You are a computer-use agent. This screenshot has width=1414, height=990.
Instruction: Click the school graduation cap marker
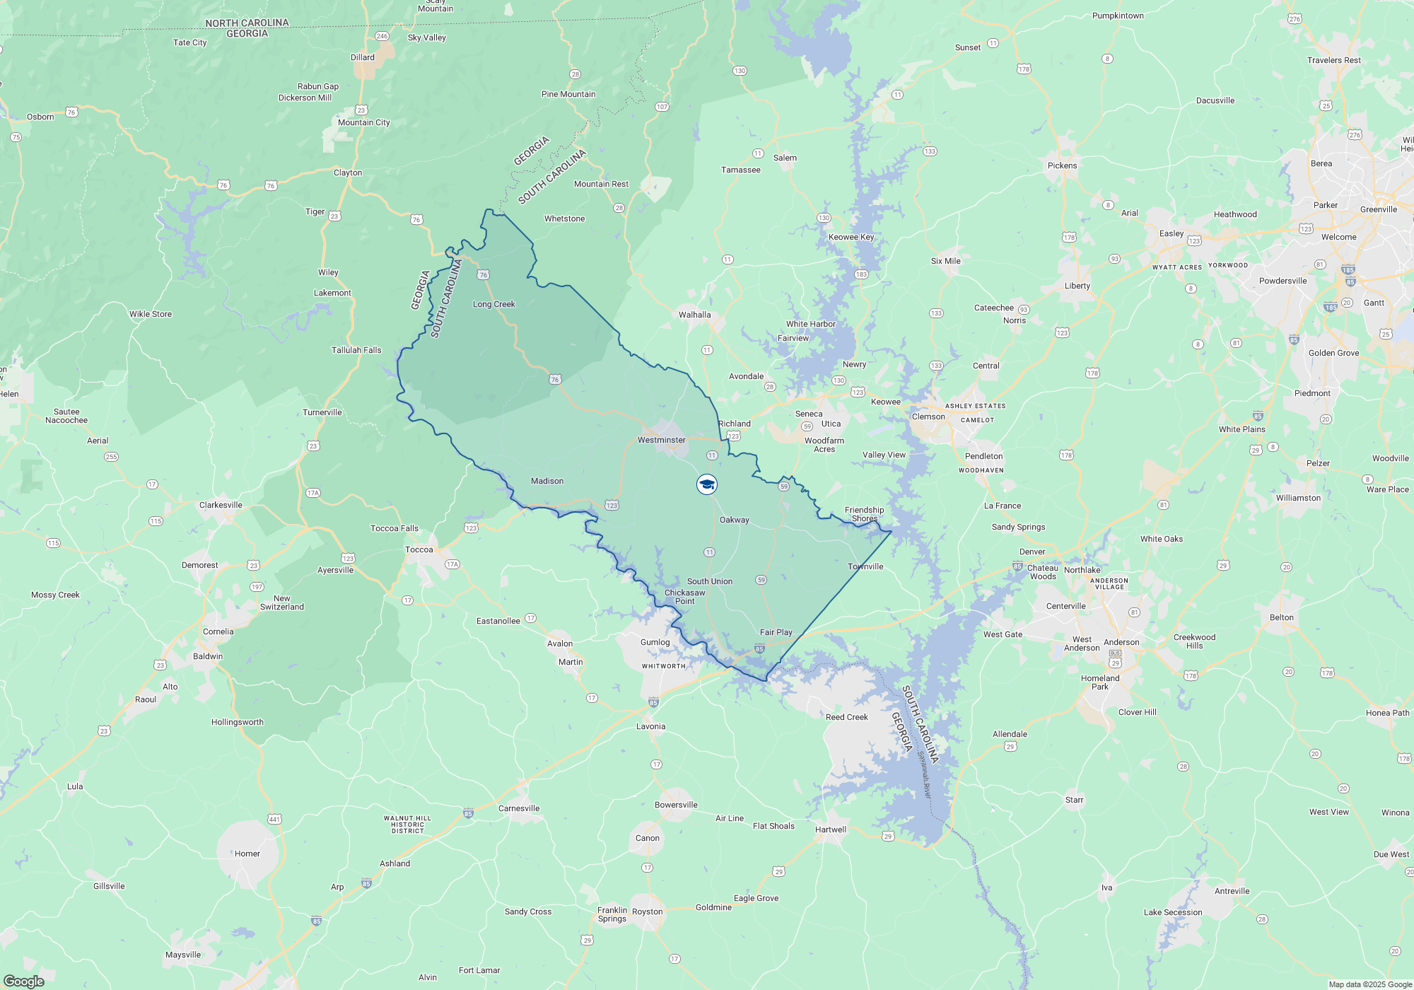click(x=707, y=484)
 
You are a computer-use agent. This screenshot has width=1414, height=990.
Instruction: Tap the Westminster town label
click(x=661, y=440)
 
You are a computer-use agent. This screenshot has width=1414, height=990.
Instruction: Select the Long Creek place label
click(x=493, y=304)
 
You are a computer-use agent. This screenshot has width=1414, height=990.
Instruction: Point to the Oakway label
click(x=734, y=520)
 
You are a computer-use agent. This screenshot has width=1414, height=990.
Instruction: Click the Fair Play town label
click(x=776, y=632)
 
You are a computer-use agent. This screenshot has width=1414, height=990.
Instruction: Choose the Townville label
click(x=865, y=566)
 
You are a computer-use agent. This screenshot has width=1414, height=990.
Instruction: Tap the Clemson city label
click(x=928, y=417)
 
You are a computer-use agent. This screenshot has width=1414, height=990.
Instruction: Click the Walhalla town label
click(x=694, y=315)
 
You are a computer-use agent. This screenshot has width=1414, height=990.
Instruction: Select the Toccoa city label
click(x=419, y=549)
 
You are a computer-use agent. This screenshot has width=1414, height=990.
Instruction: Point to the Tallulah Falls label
click(x=356, y=350)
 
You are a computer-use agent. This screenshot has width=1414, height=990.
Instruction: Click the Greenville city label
click(x=1378, y=209)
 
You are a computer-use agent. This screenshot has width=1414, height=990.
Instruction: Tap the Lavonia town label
click(x=650, y=726)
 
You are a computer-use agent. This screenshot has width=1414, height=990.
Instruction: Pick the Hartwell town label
click(x=830, y=829)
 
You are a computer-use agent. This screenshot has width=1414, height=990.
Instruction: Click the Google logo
click(x=23, y=981)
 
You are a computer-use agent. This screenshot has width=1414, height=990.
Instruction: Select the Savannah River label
click(x=925, y=774)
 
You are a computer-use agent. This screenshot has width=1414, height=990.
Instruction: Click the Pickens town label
click(x=1062, y=165)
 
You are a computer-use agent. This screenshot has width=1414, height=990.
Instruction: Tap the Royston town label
click(x=647, y=912)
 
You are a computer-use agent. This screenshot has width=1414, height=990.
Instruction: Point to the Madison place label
click(x=547, y=481)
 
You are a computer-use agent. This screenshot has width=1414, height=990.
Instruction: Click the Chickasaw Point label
click(x=684, y=597)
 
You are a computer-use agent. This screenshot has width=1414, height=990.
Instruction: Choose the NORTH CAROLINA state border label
click(x=247, y=23)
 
